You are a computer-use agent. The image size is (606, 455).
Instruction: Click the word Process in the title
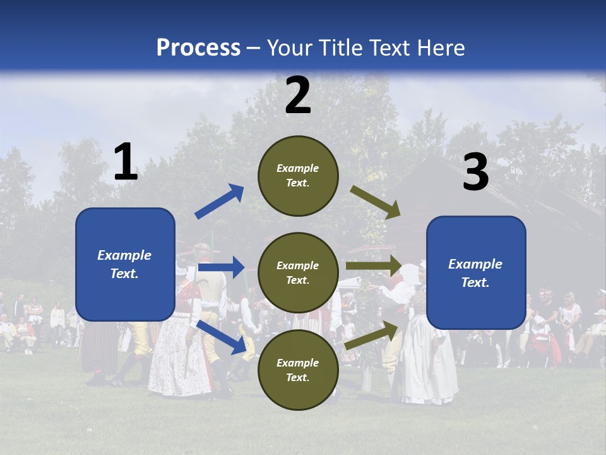click(198, 47)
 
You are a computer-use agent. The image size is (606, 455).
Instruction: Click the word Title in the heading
click(341, 47)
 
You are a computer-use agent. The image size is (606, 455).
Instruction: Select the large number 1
click(126, 162)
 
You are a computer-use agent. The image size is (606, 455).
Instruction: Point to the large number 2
click(298, 95)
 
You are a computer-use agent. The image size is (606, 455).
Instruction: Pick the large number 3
click(475, 173)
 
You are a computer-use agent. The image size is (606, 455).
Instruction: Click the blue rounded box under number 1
click(125, 264)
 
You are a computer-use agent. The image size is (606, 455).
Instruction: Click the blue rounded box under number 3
click(476, 273)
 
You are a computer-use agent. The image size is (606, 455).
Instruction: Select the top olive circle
click(298, 176)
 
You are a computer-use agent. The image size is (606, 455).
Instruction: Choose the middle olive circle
click(298, 272)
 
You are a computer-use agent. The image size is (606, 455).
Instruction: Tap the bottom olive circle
click(298, 370)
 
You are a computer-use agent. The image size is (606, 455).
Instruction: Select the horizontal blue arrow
click(221, 267)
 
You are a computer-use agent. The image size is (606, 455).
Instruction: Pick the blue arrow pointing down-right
click(222, 337)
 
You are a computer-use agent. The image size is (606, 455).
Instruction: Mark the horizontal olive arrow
click(374, 265)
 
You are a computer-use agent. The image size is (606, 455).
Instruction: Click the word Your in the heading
click(290, 47)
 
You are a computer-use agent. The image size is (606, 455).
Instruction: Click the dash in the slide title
click(254, 48)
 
